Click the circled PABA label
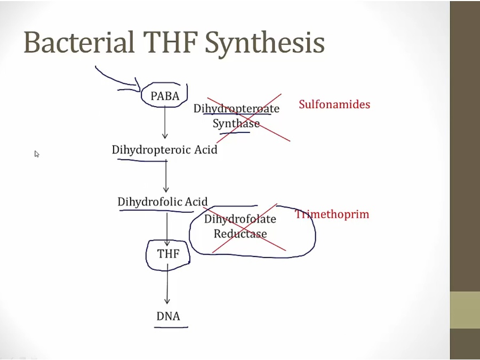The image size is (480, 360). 165,96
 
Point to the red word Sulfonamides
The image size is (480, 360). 334,105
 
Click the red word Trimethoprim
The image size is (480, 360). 332,214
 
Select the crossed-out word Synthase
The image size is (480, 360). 236,124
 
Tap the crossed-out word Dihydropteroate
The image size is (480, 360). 236,109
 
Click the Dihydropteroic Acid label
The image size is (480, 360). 164,150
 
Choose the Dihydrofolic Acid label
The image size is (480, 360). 163,202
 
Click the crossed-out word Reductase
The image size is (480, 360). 240,234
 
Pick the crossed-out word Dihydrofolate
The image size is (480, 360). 240,219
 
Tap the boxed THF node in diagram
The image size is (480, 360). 168,254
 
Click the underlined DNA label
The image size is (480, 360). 168,316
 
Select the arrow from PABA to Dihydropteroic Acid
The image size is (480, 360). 165,123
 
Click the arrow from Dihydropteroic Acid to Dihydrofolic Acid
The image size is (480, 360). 166,176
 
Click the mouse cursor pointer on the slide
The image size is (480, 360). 37,154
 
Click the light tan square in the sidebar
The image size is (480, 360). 465,310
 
